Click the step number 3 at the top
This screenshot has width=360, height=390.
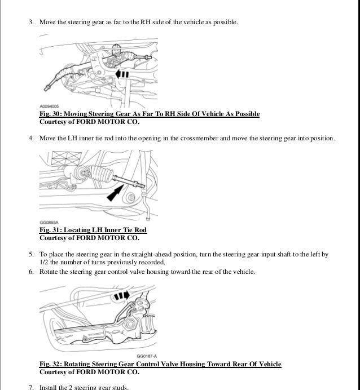point(31,23)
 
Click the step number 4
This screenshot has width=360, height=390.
point(31,138)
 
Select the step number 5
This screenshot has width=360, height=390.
point(31,255)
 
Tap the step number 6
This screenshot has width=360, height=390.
point(31,272)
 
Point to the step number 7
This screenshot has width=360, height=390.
point(31,387)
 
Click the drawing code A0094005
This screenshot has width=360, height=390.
point(50,106)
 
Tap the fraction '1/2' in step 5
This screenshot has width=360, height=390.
point(44,263)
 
